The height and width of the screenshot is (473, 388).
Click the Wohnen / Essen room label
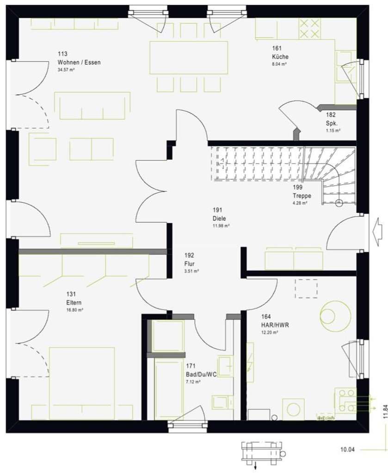(79, 62)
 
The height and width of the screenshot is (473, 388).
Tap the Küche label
(280, 57)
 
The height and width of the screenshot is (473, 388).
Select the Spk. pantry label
(332, 123)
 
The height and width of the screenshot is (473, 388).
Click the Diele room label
(219, 218)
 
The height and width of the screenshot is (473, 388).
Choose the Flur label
(189, 264)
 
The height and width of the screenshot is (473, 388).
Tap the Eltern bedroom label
(74, 303)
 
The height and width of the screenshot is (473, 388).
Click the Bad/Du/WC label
(201, 374)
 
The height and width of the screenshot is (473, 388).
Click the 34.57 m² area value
(66, 70)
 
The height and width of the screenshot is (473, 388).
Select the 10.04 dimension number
(347, 449)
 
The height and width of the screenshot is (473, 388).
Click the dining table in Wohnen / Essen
(189, 58)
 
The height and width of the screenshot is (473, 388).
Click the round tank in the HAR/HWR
(335, 315)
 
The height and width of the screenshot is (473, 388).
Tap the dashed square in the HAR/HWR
(306, 288)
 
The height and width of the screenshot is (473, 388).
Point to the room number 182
(331, 115)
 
